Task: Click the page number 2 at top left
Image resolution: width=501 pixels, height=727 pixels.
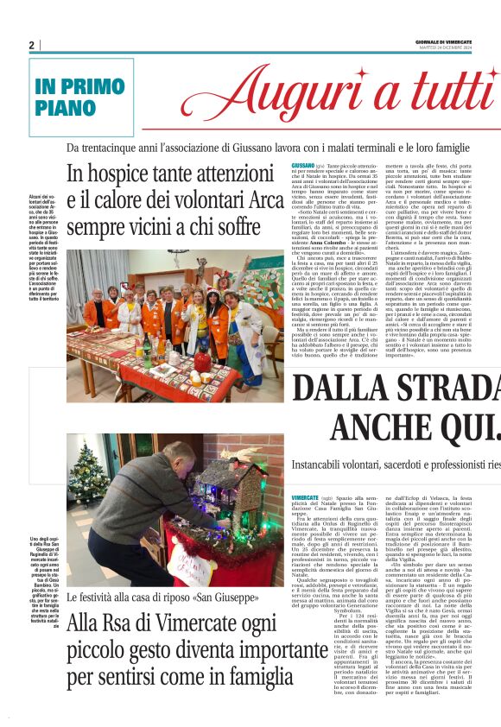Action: click(x=31, y=45)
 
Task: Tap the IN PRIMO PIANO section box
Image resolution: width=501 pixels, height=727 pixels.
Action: click(x=81, y=98)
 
